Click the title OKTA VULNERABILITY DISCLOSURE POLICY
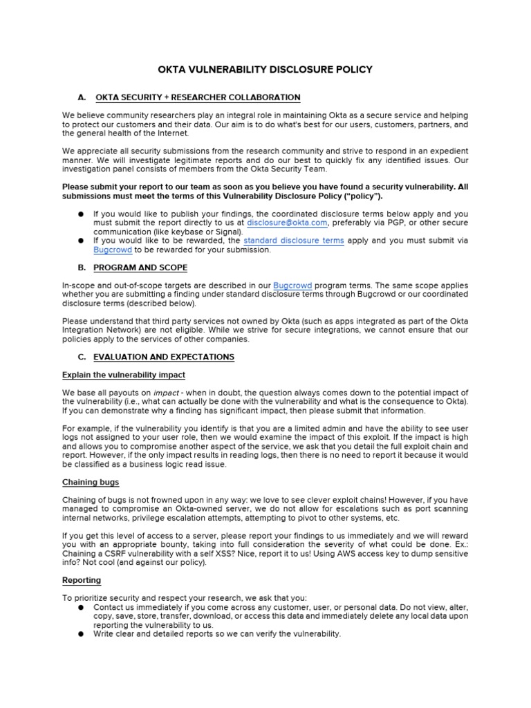(x=265, y=69)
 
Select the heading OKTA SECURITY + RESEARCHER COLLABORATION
(x=198, y=97)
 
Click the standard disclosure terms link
(x=294, y=241)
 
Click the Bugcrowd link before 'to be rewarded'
(x=113, y=250)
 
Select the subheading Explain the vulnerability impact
(x=124, y=375)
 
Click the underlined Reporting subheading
(x=82, y=580)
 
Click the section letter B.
(x=82, y=268)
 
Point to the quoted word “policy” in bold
(x=360, y=196)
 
